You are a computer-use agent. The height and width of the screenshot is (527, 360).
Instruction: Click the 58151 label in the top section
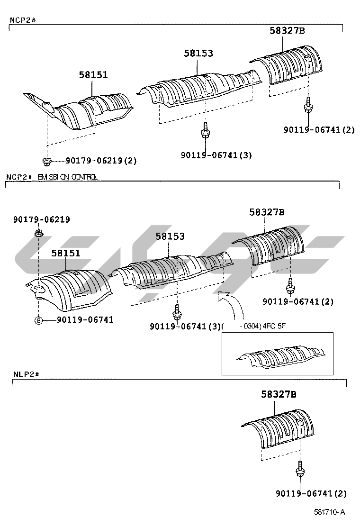pyautogui.click(x=93, y=75)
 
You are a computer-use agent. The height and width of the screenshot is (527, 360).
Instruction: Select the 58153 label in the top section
pyautogui.click(x=198, y=54)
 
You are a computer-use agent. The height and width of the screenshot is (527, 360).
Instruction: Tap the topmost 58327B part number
pyautogui.click(x=287, y=31)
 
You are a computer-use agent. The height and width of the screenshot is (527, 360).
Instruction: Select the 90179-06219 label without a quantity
pyautogui.click(x=41, y=219)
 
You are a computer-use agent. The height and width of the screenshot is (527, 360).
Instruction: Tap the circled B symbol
pyautogui.click(x=38, y=320)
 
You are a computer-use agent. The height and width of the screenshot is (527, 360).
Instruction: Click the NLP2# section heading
pyautogui.click(x=25, y=374)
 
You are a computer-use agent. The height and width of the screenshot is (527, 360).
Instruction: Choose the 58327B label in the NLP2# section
pyautogui.click(x=278, y=394)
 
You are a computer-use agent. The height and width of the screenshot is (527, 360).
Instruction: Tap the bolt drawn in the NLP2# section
pyautogui.click(x=299, y=469)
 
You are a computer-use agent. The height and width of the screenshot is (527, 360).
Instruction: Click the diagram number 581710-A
pyautogui.click(x=329, y=512)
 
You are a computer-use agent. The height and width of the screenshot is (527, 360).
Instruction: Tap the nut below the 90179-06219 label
pyautogui.click(x=38, y=233)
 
